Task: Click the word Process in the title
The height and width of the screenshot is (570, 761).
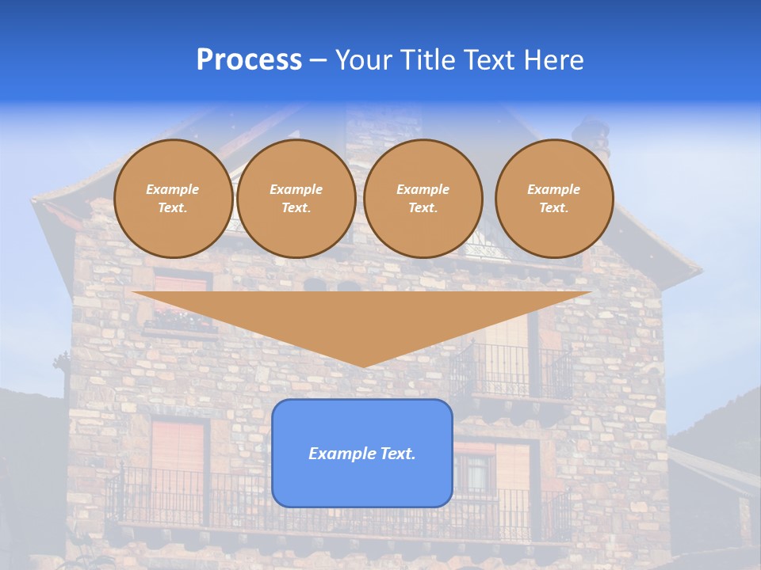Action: click(x=249, y=60)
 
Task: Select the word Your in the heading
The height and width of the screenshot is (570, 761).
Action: click(x=364, y=60)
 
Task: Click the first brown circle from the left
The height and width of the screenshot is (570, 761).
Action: click(x=173, y=199)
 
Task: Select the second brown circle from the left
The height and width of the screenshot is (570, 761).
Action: click(x=296, y=199)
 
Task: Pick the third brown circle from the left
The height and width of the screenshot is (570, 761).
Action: click(x=423, y=199)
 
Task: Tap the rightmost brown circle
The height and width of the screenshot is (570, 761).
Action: click(x=554, y=199)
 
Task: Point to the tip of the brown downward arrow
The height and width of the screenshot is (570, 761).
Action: click(x=363, y=365)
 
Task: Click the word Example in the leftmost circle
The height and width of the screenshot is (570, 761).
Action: click(x=173, y=190)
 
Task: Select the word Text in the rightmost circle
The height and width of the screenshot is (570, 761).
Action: click(x=553, y=208)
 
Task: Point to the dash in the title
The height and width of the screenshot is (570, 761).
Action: click(x=319, y=61)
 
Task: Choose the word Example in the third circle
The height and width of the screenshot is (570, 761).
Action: click(x=423, y=190)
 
